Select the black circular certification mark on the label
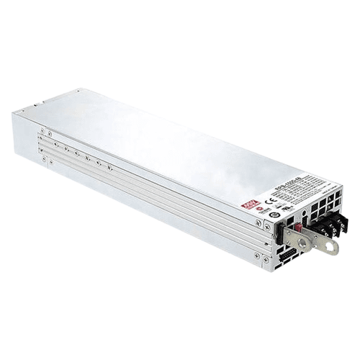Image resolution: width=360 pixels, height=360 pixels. [274, 215]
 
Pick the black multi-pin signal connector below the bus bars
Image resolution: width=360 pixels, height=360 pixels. [286, 254]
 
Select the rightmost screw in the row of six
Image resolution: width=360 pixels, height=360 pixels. [110, 167]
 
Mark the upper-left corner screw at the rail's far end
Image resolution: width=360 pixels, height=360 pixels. [42, 132]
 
